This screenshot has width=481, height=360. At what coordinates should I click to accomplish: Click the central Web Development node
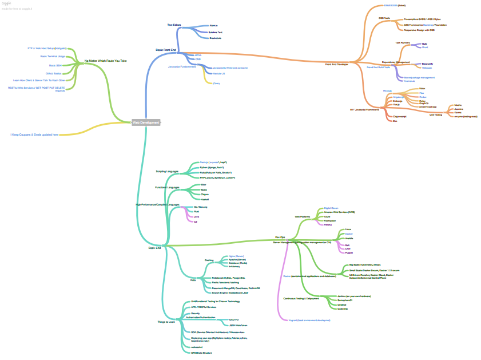click(146, 122)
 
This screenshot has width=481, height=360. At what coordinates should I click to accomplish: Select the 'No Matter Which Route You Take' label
click(105, 61)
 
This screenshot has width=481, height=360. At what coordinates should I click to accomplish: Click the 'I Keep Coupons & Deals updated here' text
click(34, 134)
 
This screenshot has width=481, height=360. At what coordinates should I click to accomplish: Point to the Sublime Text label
click(216, 32)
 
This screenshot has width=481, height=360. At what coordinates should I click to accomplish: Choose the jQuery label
click(216, 83)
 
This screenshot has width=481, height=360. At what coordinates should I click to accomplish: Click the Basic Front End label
click(166, 50)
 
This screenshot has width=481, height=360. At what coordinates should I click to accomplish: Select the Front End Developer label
click(336, 65)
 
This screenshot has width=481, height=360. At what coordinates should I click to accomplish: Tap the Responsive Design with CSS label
click(419, 30)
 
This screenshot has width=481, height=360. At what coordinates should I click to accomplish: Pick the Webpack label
click(427, 68)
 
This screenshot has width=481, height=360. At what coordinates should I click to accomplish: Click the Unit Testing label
click(435, 114)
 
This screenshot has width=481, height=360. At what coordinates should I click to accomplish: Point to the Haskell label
click(204, 199)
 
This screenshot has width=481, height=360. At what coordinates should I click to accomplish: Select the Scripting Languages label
click(167, 171)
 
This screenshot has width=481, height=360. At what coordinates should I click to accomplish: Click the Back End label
click(154, 248)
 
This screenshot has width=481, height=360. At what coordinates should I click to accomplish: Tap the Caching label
click(209, 260)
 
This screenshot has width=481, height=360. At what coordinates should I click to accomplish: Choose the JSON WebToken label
click(238, 325)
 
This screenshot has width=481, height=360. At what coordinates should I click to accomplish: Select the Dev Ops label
click(280, 237)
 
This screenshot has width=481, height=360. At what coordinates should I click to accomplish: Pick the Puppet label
click(349, 252)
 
